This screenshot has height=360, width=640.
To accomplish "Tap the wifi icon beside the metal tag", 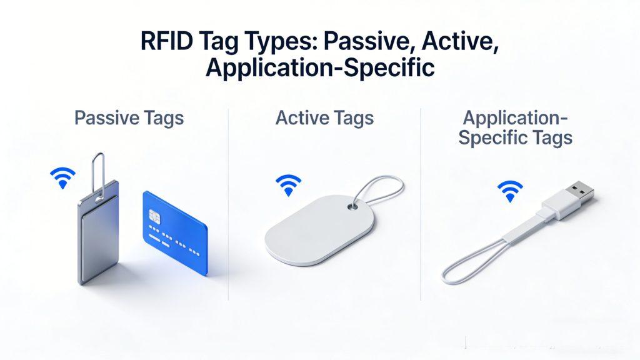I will pyautogui.click(x=62, y=178).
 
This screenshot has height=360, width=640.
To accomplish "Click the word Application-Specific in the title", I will pyautogui.click(x=320, y=67).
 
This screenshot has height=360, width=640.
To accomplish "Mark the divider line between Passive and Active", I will pyautogui.click(x=229, y=206).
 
